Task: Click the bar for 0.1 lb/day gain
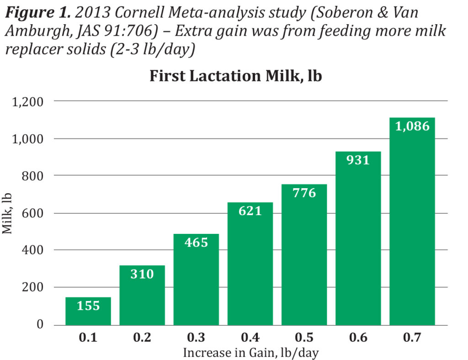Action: [88, 311]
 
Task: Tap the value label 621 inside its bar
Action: [250, 211]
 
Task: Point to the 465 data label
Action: [196, 242]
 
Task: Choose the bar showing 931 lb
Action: [358, 238]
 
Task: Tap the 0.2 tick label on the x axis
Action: [142, 338]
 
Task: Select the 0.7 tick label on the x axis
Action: [412, 338]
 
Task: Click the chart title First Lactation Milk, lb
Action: [235, 76]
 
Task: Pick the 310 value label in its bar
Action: [142, 274]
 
